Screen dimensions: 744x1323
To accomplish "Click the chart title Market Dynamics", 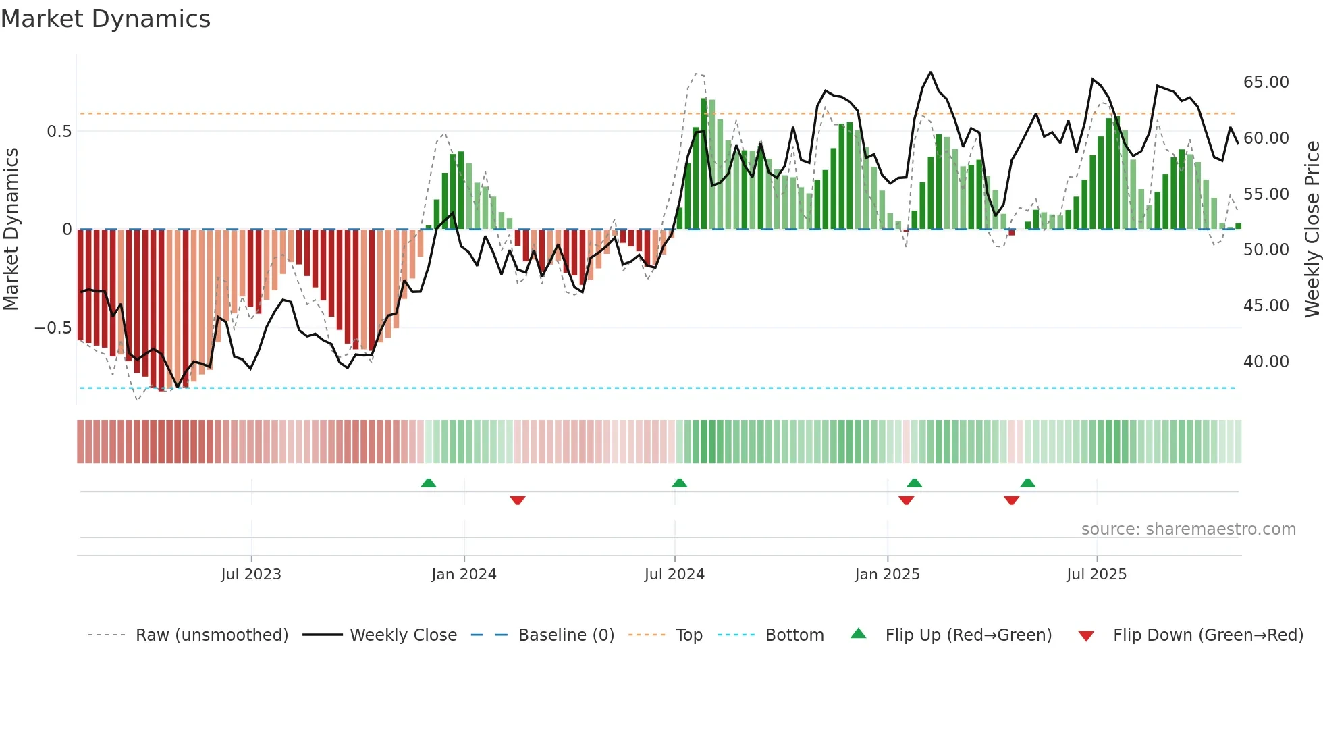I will click(x=106, y=19).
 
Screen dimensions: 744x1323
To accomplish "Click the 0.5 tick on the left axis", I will click(x=59, y=132).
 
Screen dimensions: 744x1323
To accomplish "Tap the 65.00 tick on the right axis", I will click(x=1266, y=82).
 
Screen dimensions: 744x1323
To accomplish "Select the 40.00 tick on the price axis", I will click(x=1266, y=362).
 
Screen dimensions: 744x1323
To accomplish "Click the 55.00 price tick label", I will click(x=1266, y=194).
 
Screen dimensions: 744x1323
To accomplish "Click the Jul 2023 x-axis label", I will click(x=251, y=575).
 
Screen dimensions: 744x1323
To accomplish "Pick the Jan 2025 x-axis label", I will click(x=887, y=575).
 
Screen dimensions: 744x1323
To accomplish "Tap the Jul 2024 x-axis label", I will click(x=674, y=575).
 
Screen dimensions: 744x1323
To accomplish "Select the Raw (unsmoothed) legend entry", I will click(x=211, y=635).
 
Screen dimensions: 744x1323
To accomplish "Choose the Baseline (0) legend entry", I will click(x=566, y=635).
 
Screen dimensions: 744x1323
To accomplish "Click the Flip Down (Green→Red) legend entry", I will click(x=1208, y=635).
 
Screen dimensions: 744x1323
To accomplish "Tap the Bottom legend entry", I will click(x=794, y=635).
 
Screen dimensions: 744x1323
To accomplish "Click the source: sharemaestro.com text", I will click(x=1188, y=529).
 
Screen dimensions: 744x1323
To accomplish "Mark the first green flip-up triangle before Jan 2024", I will click(x=429, y=483).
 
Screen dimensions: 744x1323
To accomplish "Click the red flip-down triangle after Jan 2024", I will click(x=518, y=500).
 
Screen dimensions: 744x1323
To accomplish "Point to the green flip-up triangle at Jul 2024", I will click(x=680, y=483).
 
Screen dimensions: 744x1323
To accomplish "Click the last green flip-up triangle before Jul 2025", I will click(x=1027, y=483).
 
